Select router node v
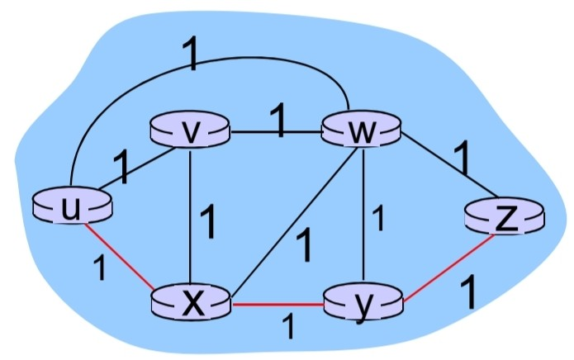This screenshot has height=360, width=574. tap(189, 131)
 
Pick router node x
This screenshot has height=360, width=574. tap(191, 303)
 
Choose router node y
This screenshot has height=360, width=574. tap(361, 303)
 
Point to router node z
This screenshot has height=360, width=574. tap(505, 216)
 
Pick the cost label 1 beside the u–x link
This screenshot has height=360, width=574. tap(99, 269)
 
